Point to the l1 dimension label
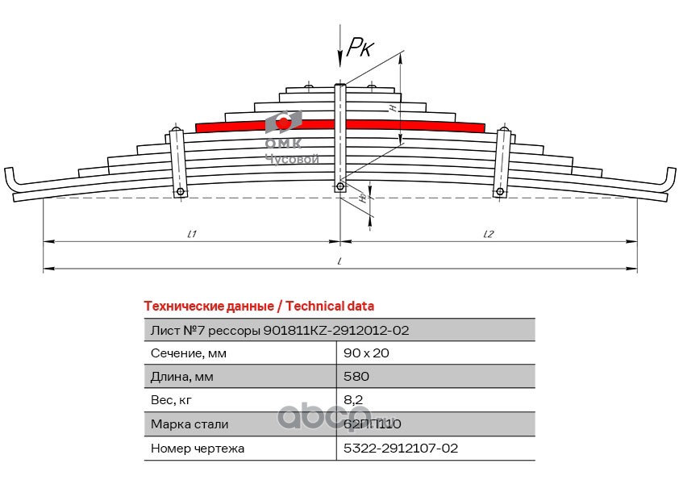192,234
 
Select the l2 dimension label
488,234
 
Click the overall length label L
340,261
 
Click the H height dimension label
393,107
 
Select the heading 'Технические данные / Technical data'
258,307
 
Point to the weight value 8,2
352,399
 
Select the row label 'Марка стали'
190,424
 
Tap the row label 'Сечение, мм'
189,353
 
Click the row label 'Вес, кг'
172,399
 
